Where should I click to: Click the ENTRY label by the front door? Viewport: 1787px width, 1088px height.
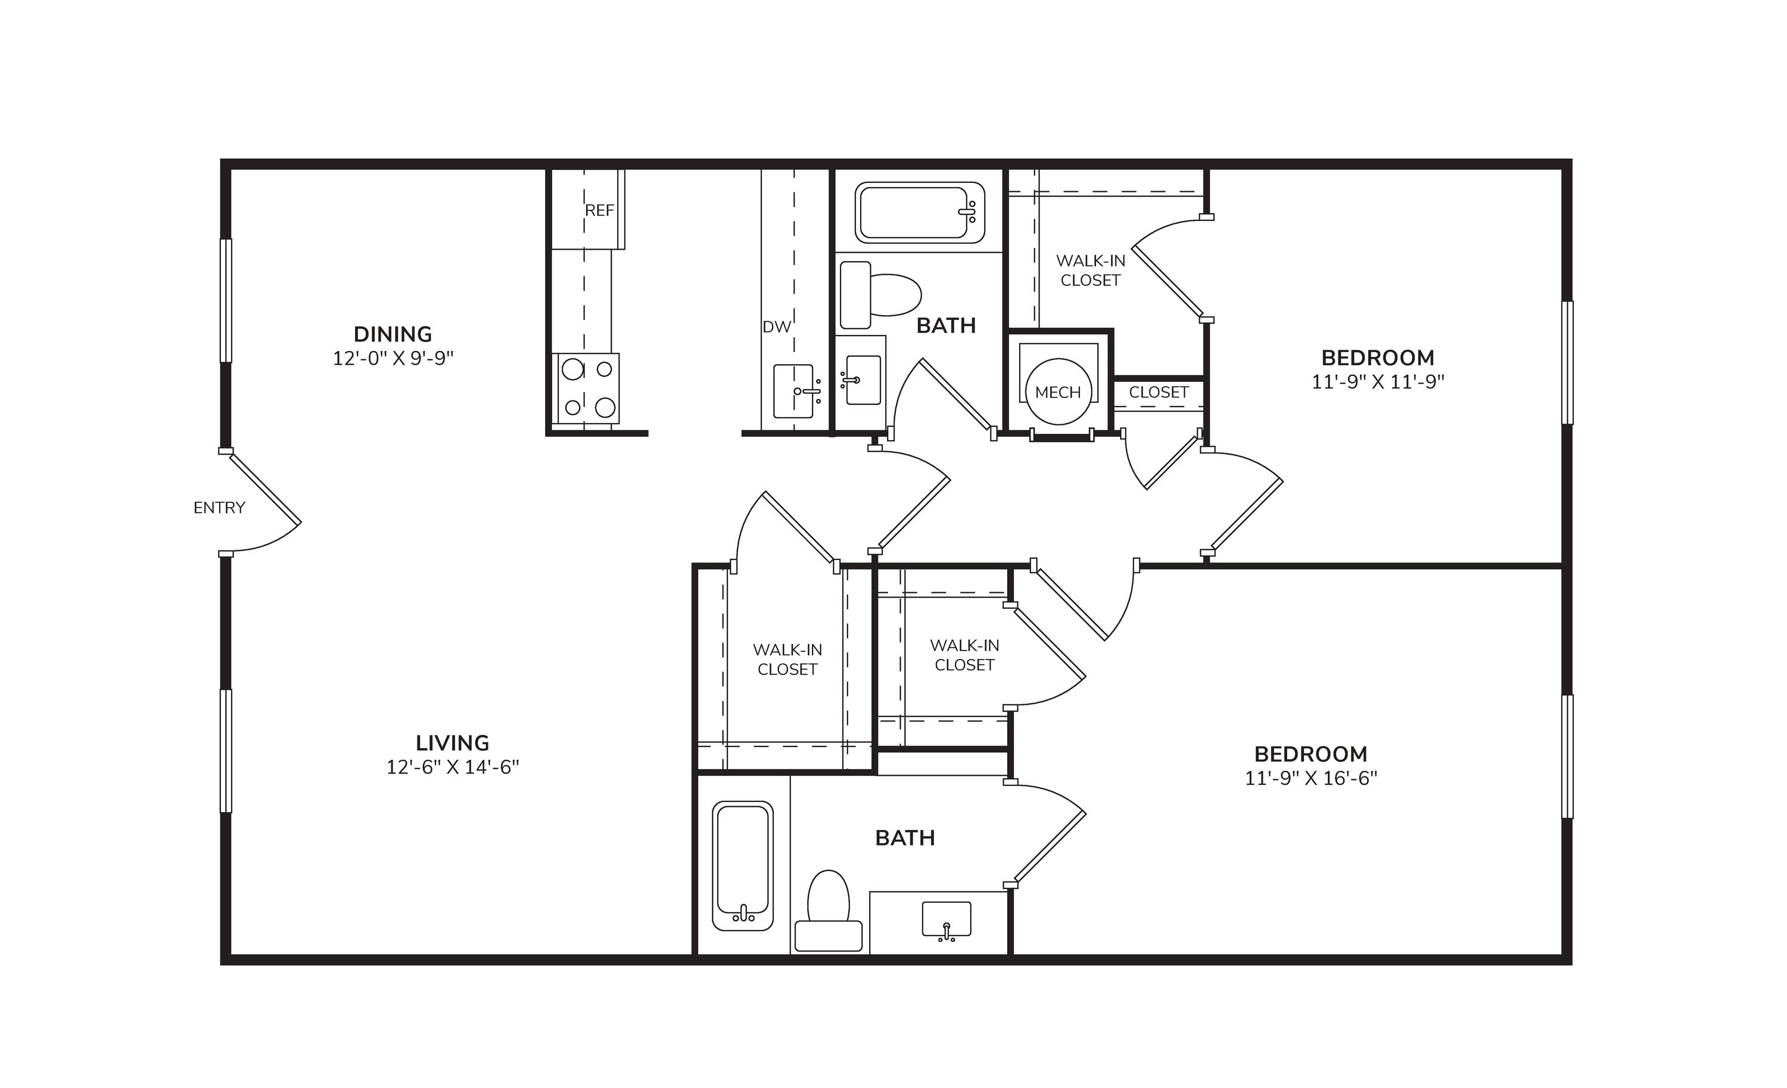[x=219, y=508]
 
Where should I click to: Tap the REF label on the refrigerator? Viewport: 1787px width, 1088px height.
[x=600, y=210]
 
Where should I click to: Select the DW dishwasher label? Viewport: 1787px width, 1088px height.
[x=776, y=327]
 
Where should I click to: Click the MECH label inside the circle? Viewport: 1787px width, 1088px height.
[x=1058, y=393]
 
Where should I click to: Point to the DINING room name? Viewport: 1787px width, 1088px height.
[x=393, y=334]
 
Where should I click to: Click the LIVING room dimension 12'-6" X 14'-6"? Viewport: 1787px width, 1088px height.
[x=453, y=767]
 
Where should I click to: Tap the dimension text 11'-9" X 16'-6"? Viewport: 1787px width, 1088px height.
[x=1311, y=778]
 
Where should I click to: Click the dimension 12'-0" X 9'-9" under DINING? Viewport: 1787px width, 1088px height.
[x=393, y=358]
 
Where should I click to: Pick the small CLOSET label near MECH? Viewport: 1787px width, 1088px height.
[x=1159, y=393]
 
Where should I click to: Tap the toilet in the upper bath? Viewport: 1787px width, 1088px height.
[x=880, y=295]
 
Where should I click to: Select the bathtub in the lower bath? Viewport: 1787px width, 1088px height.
[x=743, y=865]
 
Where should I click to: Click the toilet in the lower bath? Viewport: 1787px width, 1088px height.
[x=828, y=911]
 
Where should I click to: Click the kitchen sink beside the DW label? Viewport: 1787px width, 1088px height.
[x=794, y=391]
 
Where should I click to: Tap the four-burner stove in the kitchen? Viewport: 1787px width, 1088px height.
[x=586, y=388]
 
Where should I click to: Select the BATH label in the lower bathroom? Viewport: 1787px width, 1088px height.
[x=905, y=838]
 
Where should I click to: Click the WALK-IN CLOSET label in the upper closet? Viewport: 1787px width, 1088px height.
[x=1091, y=271]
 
